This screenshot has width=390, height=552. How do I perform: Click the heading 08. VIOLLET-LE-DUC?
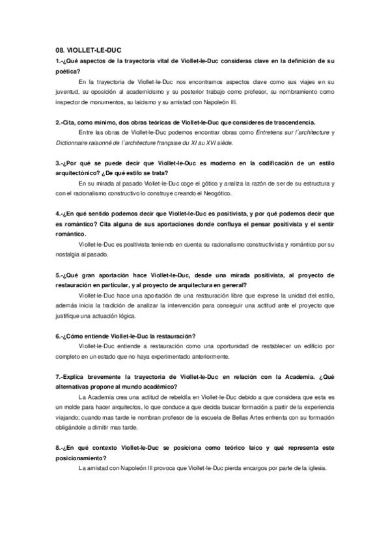point(85,49)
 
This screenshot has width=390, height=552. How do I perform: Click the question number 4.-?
point(60,214)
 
